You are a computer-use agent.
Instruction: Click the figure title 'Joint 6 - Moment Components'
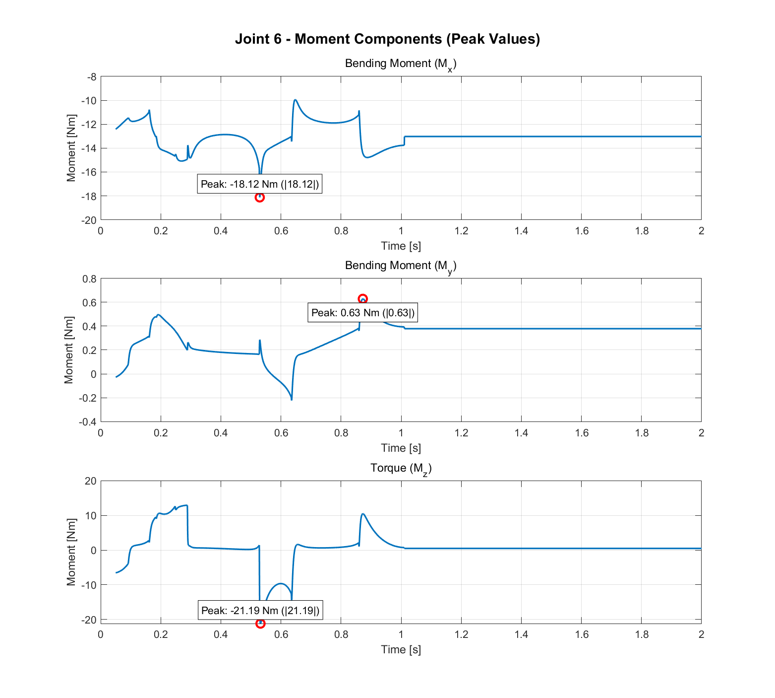pos(387,39)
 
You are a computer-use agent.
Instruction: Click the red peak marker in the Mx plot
pos(259,198)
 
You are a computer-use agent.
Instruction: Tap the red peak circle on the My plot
pos(362,299)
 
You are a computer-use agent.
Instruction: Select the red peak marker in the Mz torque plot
pos(260,624)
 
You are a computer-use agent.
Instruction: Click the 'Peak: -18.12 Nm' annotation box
pos(259,184)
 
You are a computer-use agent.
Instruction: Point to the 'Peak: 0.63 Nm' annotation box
pos(362,313)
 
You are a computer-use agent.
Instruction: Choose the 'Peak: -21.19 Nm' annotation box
pos(260,610)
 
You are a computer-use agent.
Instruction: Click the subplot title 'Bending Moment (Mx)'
pos(401,64)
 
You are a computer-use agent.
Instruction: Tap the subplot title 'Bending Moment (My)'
pos(401,266)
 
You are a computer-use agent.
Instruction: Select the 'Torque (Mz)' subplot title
pos(401,469)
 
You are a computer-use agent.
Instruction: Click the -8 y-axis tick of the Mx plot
pos(92,77)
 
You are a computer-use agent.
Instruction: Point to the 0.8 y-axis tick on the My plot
pos(90,279)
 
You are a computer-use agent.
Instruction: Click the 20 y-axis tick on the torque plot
pos(91,481)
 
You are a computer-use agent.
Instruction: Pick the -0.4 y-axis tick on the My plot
pos(88,422)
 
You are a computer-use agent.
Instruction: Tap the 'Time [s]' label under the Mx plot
pos(401,246)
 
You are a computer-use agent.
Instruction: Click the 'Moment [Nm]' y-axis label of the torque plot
pos(71,552)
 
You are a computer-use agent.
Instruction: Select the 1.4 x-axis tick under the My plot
pos(521,433)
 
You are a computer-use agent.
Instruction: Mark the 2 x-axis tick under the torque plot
pos(701,634)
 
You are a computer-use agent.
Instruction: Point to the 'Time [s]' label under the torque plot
pos(401,649)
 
